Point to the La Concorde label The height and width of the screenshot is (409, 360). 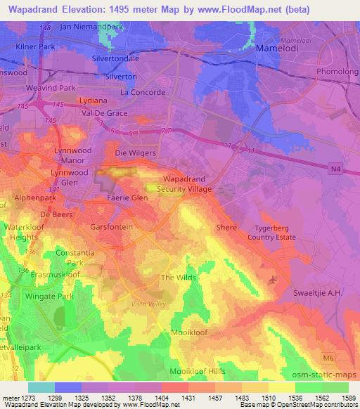(143, 92)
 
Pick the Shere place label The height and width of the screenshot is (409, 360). (226, 228)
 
